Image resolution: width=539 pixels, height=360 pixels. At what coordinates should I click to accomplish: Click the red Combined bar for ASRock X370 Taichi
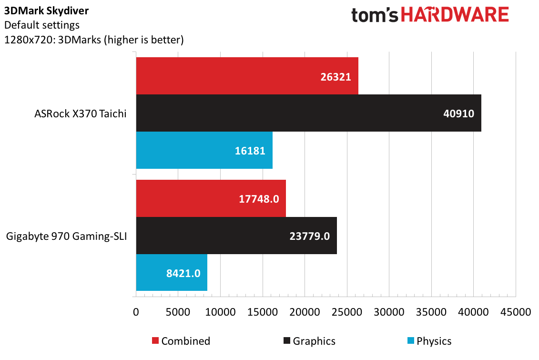coord(247,76)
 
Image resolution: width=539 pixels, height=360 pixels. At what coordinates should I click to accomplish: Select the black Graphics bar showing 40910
coord(309,113)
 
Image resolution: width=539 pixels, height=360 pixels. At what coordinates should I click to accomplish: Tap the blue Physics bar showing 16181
coord(204,150)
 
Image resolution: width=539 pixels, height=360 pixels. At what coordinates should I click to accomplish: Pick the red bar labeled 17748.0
coord(211,198)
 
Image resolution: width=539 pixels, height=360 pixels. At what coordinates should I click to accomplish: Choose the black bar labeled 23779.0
coord(236,236)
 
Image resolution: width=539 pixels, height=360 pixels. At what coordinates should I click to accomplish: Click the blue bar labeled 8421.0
coord(172,273)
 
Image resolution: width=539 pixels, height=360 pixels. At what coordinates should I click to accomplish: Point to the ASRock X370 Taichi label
coord(81,113)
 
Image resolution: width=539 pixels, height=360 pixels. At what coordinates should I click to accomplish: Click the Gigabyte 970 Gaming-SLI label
coord(66,236)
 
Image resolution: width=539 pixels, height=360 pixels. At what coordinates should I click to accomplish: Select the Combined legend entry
coord(181,341)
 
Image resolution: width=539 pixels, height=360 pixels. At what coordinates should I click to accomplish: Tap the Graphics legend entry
coord(309,341)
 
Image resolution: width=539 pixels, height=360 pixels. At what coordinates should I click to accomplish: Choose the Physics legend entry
coord(429,341)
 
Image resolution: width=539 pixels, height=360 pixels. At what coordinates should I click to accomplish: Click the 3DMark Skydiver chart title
coord(46,10)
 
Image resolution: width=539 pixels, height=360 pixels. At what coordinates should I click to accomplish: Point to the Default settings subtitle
coord(42,25)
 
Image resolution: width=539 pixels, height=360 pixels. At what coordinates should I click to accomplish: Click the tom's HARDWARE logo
coord(430,15)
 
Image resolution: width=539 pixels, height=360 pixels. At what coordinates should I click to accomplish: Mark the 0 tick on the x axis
coord(136,312)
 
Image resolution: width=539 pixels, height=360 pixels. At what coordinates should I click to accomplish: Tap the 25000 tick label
coord(347,312)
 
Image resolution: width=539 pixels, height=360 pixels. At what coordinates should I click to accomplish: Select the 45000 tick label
coord(516,312)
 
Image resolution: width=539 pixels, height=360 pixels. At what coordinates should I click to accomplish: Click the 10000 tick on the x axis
coord(220,312)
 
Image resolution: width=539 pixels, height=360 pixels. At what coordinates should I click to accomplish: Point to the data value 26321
coord(336,76)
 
